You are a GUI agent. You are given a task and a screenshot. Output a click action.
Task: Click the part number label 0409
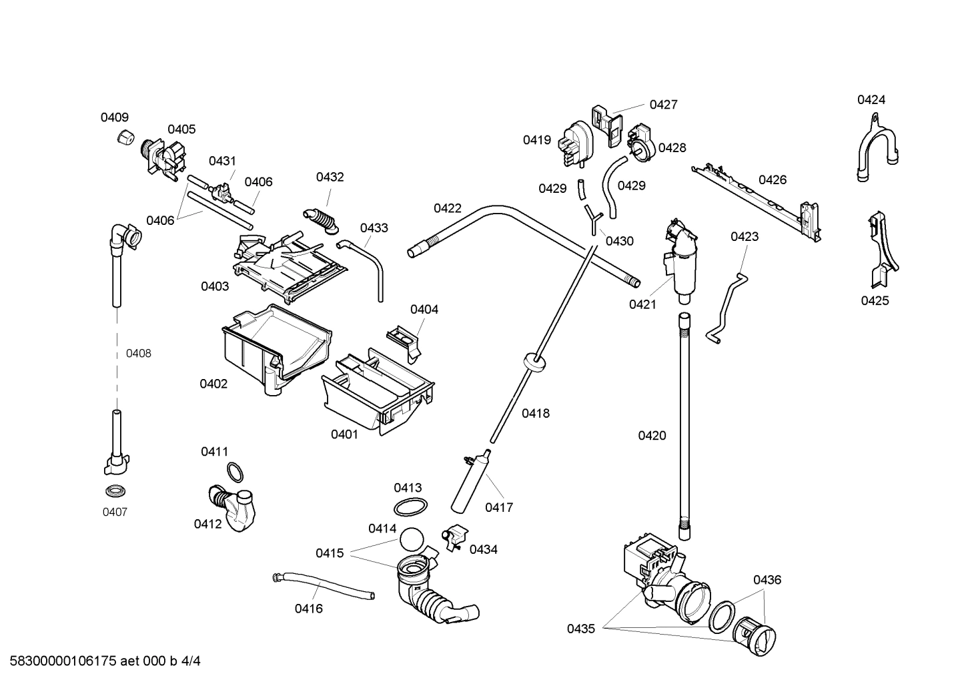coord(114,117)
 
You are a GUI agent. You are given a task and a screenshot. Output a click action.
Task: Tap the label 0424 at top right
coord(871,100)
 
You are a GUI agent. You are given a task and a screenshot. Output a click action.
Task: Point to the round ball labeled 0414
coord(412,539)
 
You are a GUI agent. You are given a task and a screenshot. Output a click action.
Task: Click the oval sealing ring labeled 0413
coord(409,506)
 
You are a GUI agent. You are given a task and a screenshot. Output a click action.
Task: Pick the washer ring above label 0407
coord(115,492)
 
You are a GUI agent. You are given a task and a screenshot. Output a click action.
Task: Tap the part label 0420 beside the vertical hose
coord(652,436)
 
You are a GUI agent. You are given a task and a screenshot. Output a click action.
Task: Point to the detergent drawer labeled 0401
coord(377,394)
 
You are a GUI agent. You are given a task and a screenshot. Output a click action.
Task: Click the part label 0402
coord(213,384)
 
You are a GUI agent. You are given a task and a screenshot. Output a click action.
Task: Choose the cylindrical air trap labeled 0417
coord(471,482)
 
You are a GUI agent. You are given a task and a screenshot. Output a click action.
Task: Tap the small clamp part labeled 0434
coord(454,535)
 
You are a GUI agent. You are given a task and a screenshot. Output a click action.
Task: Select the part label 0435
coord(581,628)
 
